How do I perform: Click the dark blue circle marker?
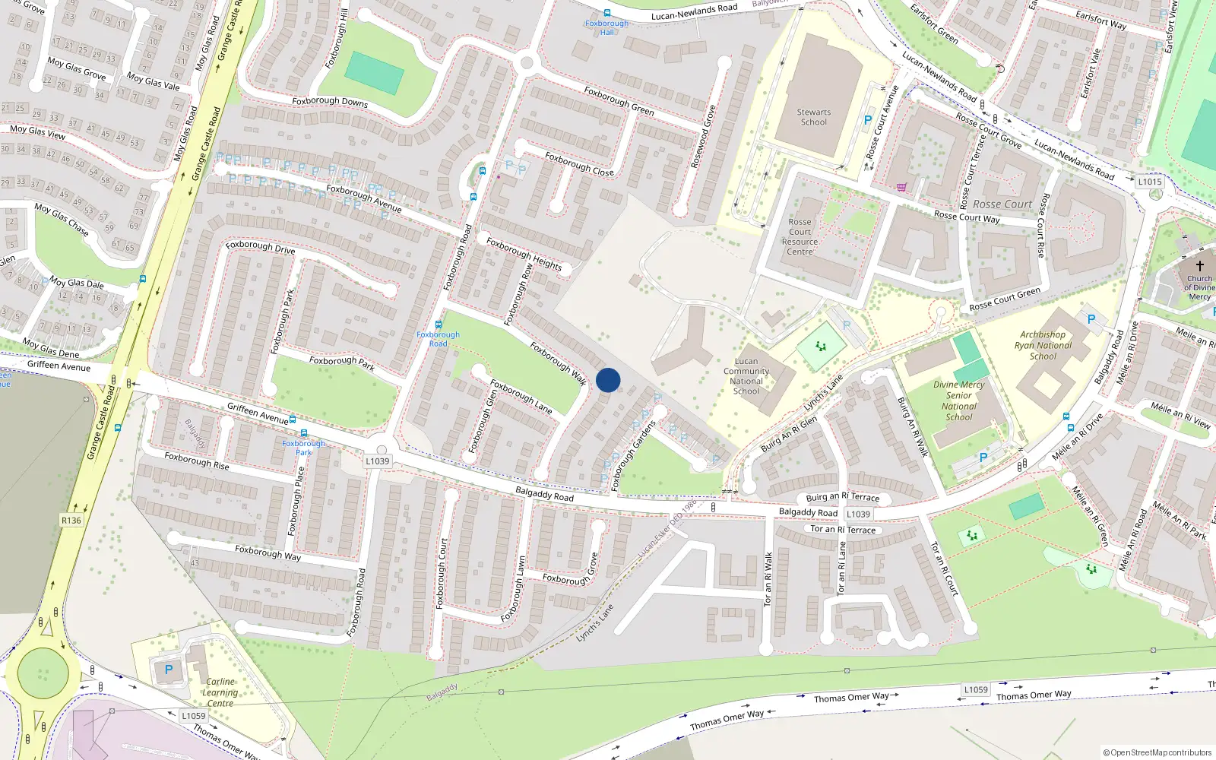608,380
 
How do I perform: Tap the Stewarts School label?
813,117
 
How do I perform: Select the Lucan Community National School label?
746,376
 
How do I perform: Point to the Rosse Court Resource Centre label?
800,236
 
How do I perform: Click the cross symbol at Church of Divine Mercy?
1200,266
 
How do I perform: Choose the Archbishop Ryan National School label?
1043,345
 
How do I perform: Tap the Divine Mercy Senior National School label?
958,401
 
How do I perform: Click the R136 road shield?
71,520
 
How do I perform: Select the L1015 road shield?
1150,182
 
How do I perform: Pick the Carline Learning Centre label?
220,692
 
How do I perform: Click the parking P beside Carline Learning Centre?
169,670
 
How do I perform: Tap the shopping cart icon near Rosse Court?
901,187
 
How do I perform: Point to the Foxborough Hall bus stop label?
606,27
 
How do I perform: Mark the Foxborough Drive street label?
260,246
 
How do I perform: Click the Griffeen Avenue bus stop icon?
293,420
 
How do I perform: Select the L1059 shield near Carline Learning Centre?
193,715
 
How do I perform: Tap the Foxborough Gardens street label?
633,455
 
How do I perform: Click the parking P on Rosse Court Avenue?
868,120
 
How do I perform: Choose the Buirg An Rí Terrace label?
842,497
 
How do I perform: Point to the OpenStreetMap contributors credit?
1157,752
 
